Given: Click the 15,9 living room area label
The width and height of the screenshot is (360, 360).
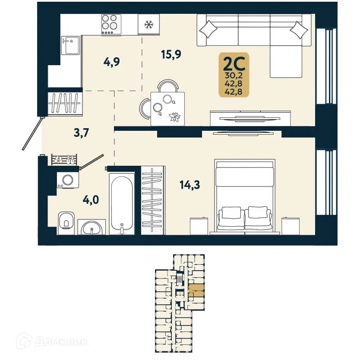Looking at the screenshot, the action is pos(171,54).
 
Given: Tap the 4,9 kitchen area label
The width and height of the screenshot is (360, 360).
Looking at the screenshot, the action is pos(111,62).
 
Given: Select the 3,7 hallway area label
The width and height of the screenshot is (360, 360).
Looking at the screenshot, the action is pos(81,133).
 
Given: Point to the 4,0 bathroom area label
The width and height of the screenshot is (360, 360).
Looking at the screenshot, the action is pos(91,200).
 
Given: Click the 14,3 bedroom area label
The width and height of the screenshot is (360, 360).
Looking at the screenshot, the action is pos(190,185).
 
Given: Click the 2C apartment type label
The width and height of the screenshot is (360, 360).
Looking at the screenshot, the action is pos(234,63).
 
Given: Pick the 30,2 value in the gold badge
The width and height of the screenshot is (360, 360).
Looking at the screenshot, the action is pos(234,75).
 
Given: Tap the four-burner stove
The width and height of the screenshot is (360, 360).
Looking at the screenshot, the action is pos(111,25).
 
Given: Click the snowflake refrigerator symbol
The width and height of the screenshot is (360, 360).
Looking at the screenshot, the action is pos(149,24).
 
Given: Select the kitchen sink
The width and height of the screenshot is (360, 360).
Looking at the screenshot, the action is pos(71,45).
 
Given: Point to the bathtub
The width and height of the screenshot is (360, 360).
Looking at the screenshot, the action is pos(122,204).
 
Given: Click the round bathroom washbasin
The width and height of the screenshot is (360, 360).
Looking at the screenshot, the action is pos(92,228).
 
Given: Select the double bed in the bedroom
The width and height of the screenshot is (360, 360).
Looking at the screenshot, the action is pos(245,196).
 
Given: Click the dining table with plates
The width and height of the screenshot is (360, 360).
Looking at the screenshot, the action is pos(167,109).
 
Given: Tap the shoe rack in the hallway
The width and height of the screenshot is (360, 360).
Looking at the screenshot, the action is pos(64,159).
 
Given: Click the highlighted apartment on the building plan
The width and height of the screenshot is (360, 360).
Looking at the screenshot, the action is pos(196,290).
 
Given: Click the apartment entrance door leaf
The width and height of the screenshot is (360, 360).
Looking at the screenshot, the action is pos(32,134).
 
